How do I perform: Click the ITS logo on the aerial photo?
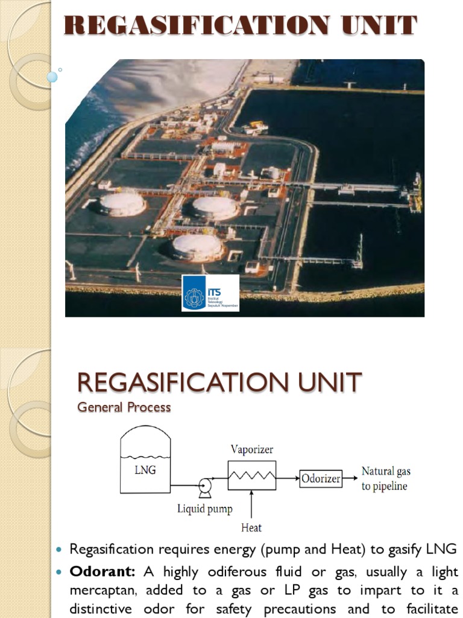210,293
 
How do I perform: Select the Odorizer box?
321,479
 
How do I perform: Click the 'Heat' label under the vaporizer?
251,528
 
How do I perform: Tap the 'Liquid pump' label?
204,509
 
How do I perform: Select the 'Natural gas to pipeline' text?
386,479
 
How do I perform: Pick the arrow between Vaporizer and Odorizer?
288,479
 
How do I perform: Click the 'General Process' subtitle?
124,407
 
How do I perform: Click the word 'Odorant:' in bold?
102,572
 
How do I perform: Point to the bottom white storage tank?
197,246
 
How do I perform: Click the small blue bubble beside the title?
52,77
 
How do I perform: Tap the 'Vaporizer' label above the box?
252,450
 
